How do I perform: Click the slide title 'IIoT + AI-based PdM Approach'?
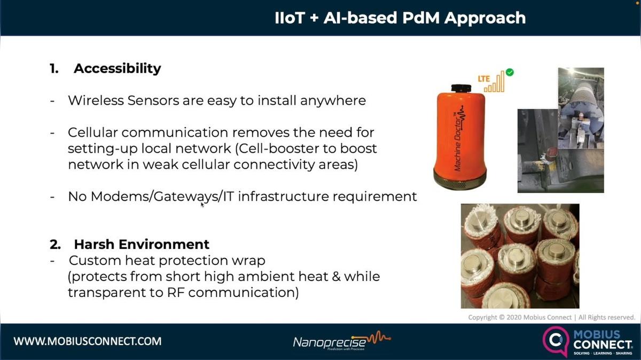pos(400,18)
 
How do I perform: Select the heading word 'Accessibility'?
pos(117,68)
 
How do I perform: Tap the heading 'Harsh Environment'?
pos(142,244)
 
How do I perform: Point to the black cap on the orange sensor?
pos(460,88)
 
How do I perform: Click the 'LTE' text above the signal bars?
pos(484,79)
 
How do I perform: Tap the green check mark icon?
pos(510,72)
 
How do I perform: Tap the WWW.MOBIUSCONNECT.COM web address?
pos(88,341)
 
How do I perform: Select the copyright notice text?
pos(551,317)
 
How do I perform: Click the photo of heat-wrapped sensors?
pos(520,256)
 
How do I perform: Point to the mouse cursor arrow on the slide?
pos(202,204)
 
